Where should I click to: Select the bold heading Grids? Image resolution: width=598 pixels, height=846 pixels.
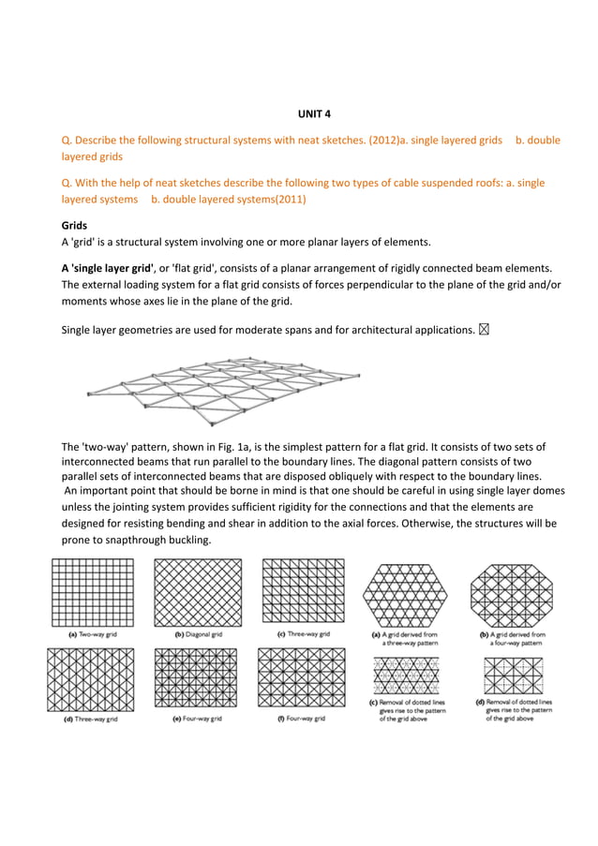click(74, 226)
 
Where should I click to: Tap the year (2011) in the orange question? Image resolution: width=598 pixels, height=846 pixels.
click(288, 200)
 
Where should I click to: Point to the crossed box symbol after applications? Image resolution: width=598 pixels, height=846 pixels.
click(484, 329)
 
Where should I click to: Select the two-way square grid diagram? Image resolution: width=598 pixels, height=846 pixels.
click(93, 593)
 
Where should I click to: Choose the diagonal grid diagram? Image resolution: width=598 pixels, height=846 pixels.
click(198, 593)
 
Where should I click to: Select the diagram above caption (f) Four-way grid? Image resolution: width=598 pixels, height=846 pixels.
click(302, 677)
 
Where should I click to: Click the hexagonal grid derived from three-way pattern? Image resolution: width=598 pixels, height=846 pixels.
click(404, 596)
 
